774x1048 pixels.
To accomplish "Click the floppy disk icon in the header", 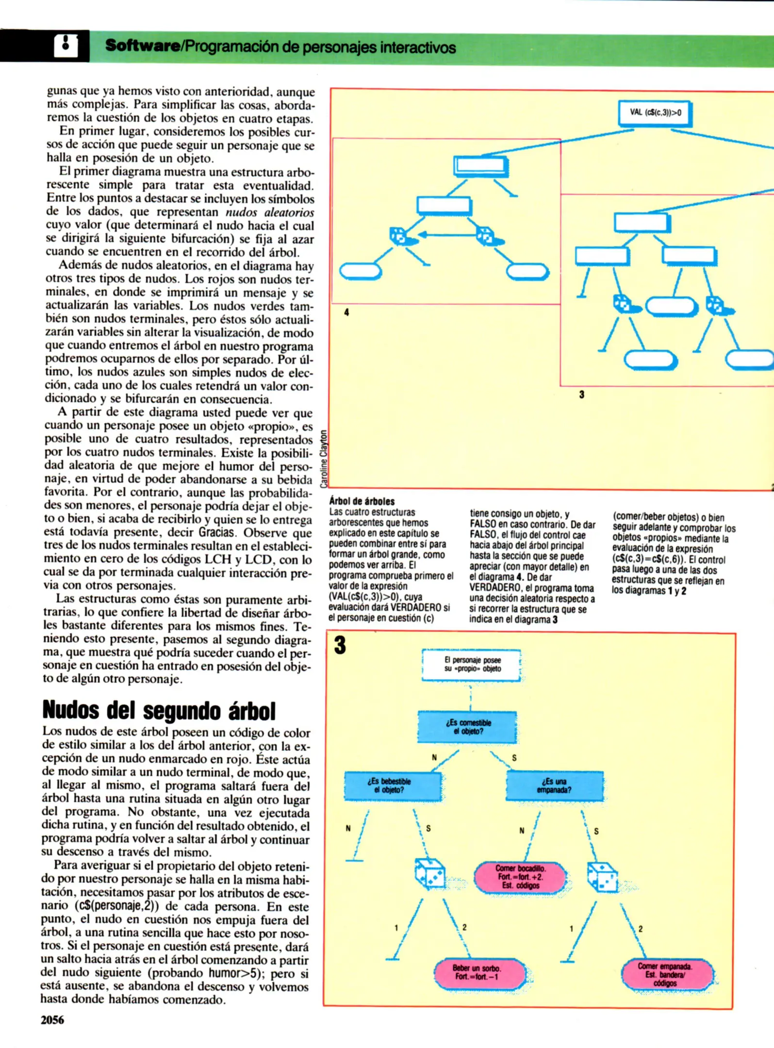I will [66, 46].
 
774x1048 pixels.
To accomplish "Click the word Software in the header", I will [142, 47].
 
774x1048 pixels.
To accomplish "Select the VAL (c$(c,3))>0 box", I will [655, 113].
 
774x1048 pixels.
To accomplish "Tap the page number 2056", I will [52, 1020].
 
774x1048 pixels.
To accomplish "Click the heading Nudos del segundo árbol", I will [159, 711].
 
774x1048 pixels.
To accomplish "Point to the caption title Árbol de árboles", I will [362, 501].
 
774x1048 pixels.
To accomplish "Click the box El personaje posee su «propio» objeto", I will [472, 665].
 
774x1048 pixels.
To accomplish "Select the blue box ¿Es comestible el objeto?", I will [467, 727].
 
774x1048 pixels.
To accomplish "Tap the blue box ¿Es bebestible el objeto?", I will [393, 786].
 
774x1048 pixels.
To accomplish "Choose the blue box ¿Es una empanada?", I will [554, 786].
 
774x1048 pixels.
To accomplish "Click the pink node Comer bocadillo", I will [520, 877].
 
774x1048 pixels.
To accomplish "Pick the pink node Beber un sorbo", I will [479, 972].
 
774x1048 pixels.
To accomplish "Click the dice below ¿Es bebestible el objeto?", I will [430, 874].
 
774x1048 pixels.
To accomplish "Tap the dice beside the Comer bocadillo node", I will [602, 877].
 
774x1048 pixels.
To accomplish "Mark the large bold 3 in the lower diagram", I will [340, 646].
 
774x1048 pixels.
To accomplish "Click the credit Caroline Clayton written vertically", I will [324, 458].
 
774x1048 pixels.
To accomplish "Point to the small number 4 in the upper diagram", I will [346, 312].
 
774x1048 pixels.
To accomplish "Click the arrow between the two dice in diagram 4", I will [446, 235].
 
